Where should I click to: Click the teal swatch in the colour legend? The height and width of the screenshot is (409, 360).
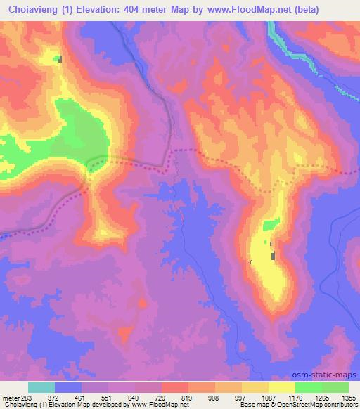[x=41, y=387]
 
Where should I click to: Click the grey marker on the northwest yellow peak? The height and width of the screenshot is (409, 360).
[x=60, y=59]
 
